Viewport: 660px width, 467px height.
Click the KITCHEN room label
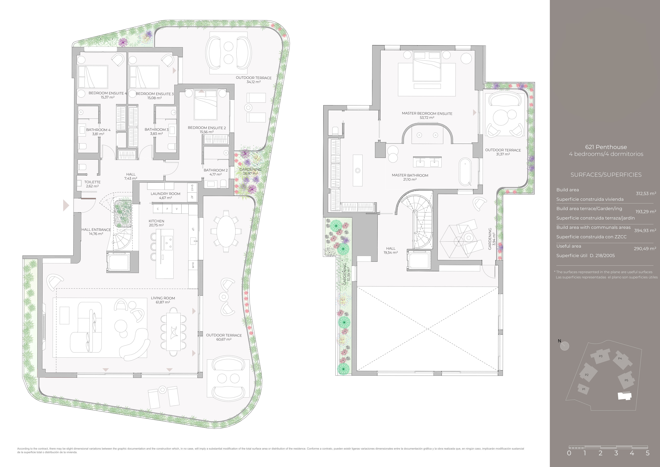[x=156, y=221]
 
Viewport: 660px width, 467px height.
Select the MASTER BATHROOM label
[x=410, y=175]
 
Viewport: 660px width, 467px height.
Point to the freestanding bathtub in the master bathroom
[x=465, y=171]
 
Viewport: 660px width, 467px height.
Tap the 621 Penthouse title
[x=606, y=147]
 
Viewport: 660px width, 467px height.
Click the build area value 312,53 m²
[x=646, y=194]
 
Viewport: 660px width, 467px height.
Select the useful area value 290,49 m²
[x=645, y=248]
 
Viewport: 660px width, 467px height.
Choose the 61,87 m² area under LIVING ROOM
[x=163, y=302]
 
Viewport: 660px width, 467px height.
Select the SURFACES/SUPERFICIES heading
[x=606, y=175]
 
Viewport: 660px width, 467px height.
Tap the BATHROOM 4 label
[x=98, y=130]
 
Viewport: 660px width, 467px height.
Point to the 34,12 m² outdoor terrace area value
[x=254, y=82]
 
